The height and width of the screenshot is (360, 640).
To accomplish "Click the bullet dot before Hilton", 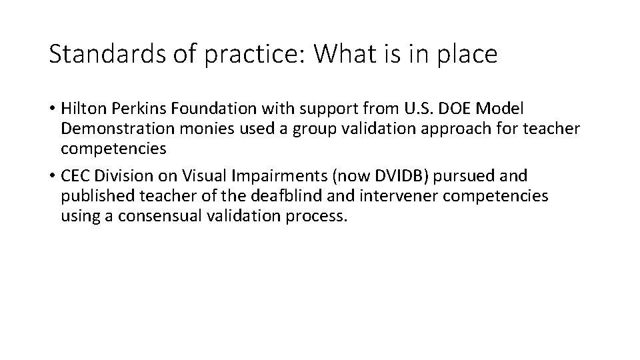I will (52, 109).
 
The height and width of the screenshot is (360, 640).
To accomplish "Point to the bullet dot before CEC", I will (52, 177).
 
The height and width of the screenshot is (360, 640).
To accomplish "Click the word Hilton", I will (81, 109).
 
